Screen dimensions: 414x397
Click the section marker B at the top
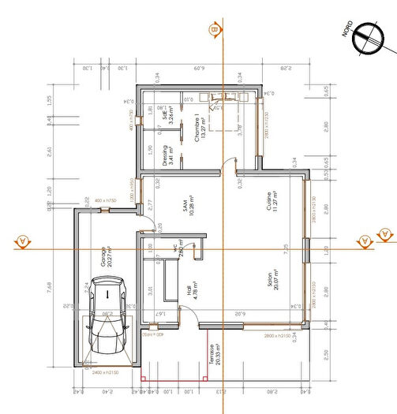(x=213, y=29)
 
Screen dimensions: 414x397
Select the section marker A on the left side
(x=21, y=240)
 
